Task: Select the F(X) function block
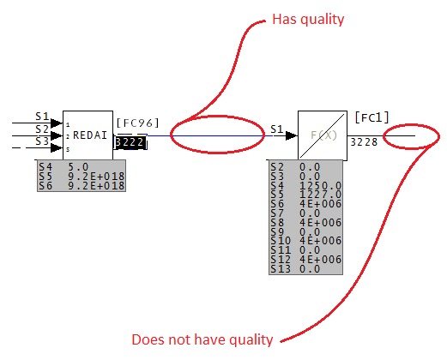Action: pos(322,135)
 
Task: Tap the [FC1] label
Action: pos(371,117)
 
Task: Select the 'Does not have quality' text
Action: pos(202,339)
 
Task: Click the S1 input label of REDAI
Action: pos(43,116)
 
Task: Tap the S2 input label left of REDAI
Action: pos(43,129)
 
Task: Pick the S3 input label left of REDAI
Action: pos(43,141)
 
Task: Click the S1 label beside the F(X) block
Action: pos(276,129)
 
